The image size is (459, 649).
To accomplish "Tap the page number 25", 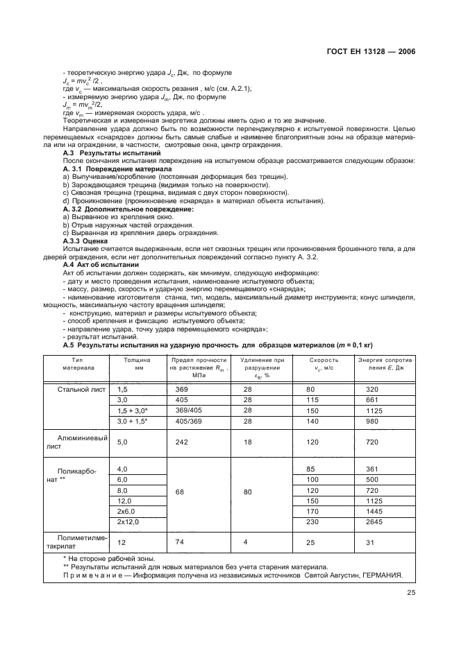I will (410, 591).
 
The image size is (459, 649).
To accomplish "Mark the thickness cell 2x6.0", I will (128, 511).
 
